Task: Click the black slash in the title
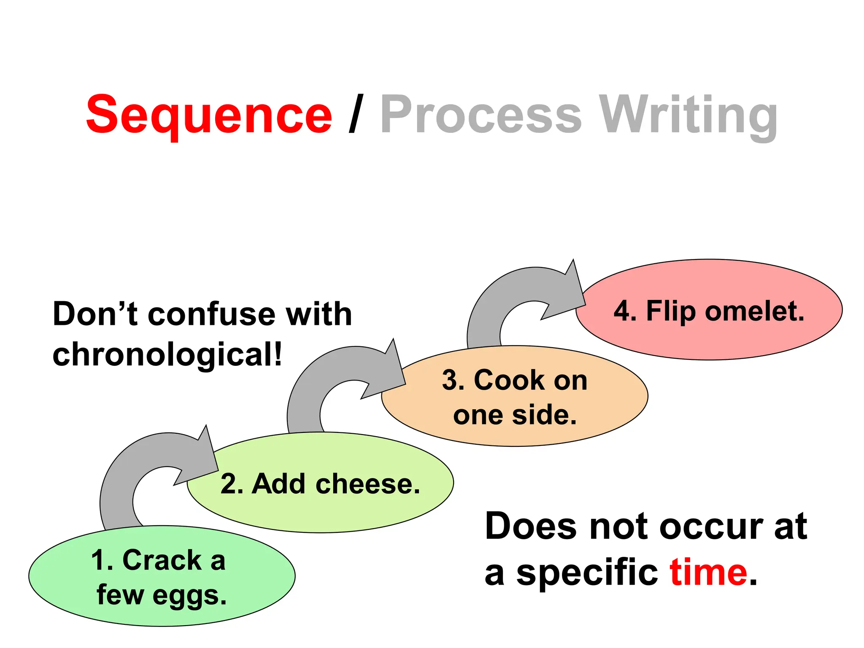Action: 356,114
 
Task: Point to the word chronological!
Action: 167,354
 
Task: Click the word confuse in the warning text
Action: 211,314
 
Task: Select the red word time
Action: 709,573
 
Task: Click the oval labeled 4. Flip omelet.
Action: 709,337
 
